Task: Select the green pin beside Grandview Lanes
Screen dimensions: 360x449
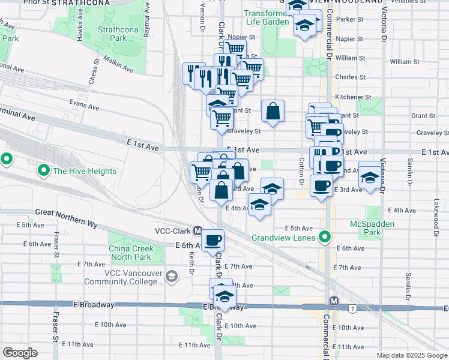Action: tap(325, 237)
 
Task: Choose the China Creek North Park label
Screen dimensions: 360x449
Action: tap(135, 254)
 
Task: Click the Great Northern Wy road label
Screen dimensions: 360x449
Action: tap(66, 212)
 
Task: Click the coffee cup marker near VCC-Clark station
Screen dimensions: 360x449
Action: tap(212, 241)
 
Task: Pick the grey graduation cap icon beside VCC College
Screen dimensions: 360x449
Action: tap(172, 276)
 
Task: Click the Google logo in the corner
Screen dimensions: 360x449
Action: tap(20, 352)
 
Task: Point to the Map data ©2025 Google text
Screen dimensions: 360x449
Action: tap(412, 355)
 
